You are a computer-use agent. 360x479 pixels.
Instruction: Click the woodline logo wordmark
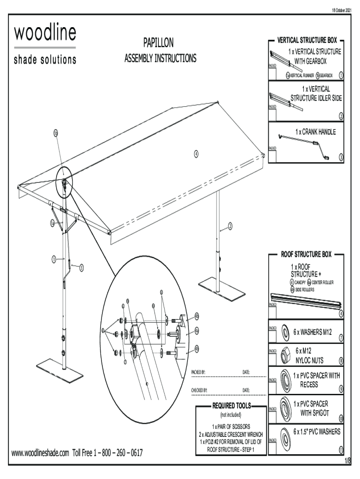45,34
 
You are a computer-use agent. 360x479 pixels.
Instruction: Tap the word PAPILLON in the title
158,44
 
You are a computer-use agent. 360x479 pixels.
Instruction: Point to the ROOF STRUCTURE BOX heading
306,254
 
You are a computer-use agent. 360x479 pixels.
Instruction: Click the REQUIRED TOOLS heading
232,406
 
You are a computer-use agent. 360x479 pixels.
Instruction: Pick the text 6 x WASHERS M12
313,332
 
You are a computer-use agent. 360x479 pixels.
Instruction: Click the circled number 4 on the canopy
196,152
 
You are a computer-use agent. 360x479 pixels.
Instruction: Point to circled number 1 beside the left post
54,259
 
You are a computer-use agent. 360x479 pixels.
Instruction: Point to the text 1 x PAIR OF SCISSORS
231,427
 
